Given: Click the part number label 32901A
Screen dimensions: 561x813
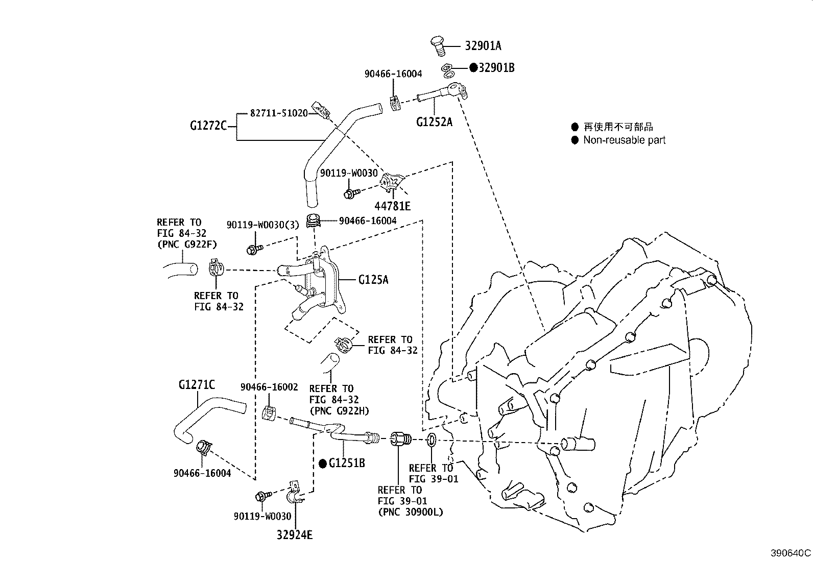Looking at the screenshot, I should [483, 46].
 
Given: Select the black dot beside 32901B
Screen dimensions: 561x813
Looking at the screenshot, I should [473, 67].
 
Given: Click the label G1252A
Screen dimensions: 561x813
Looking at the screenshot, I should [434, 122].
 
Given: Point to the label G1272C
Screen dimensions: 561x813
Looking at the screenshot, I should [208, 125].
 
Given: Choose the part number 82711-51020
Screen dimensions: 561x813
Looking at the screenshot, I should [278, 113].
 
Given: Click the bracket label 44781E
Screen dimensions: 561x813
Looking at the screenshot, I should [393, 206].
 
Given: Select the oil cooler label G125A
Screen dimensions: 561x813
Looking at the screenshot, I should [373, 280].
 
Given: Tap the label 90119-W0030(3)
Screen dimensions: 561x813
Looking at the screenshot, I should [262, 225].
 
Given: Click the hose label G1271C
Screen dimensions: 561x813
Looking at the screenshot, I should [197, 384].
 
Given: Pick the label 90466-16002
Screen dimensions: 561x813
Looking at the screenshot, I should [269, 387].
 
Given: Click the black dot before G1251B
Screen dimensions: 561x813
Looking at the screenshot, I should [322, 464].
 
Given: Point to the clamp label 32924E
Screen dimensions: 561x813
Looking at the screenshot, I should [295, 535].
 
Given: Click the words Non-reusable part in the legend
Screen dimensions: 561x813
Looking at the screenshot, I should [624, 140].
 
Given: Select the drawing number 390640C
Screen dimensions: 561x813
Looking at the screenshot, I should [791, 553].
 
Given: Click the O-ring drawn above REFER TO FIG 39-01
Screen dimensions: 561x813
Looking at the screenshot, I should [431, 440].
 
